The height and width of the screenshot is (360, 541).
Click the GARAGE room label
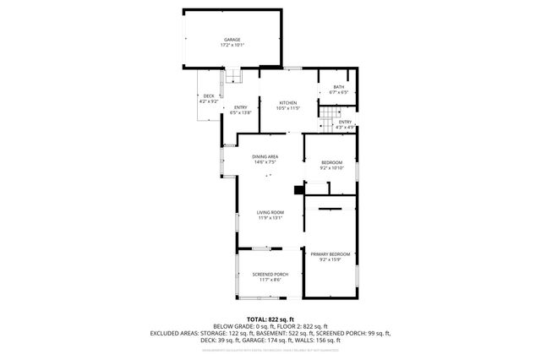[232, 40]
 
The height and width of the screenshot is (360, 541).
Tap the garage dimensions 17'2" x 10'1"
[232, 46]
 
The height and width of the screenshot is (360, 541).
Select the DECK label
[209, 95]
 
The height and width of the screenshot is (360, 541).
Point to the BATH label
[338, 87]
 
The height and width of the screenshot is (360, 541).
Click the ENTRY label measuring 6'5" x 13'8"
[241, 106]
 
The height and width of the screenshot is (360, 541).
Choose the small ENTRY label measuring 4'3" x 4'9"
[345, 123]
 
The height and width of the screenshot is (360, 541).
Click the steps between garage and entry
[231, 79]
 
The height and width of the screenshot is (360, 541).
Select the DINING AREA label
[265, 156]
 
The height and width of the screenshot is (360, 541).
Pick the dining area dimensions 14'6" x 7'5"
[265, 162]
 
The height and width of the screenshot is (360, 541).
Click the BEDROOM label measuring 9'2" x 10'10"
[331, 162]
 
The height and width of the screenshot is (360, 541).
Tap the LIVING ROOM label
[270, 212]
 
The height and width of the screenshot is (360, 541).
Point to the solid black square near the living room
[297, 190]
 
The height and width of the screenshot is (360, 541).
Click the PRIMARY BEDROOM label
[330, 254]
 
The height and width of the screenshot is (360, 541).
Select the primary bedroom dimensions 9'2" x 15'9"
[330, 260]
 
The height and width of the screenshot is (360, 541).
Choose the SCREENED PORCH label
[270, 274]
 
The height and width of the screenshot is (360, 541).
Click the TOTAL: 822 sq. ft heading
[270, 319]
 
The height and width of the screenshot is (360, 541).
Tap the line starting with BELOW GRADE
[270, 326]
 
